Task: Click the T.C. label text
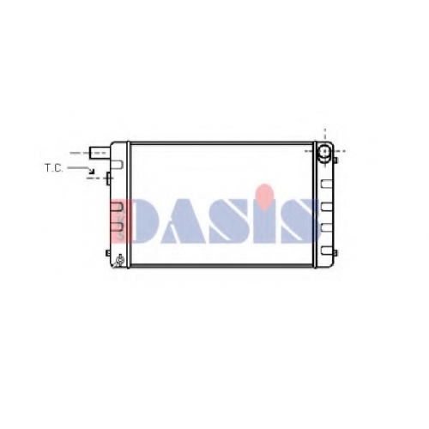(x=53, y=168)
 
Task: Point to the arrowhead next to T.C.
(x=92, y=172)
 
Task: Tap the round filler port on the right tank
(x=324, y=151)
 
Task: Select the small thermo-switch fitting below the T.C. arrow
(x=108, y=178)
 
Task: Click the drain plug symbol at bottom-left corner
(x=118, y=261)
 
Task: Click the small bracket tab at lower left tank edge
(x=108, y=253)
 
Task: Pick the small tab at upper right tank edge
(x=335, y=160)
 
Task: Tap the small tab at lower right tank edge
(x=335, y=253)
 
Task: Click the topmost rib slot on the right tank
(x=326, y=184)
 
